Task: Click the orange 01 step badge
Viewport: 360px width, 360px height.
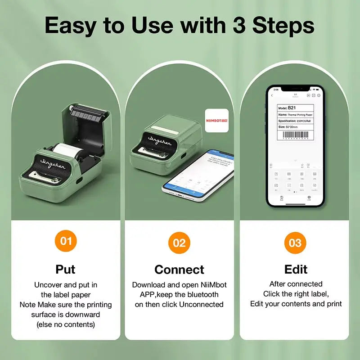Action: (x=66, y=241)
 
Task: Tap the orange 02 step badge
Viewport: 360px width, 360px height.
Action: (x=179, y=243)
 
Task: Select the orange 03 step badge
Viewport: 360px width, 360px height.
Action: (x=295, y=243)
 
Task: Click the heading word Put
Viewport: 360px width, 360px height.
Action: (x=66, y=269)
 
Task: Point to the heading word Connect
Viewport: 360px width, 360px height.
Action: (x=179, y=270)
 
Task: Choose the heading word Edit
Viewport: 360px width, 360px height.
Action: (x=296, y=269)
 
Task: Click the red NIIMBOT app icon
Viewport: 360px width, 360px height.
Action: (x=216, y=120)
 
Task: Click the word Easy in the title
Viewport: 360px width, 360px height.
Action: (x=72, y=26)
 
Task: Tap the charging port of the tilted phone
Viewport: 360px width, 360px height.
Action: (x=179, y=196)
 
